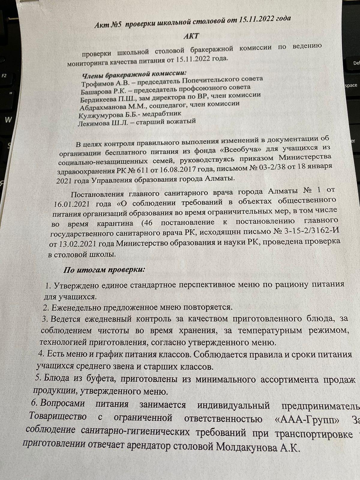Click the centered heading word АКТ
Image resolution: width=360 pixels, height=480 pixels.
tap(191, 36)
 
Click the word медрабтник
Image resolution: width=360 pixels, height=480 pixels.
tap(162, 114)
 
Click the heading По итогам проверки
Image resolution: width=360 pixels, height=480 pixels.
tap(104, 269)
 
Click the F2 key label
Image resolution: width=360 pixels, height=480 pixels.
tap(4, 76)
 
